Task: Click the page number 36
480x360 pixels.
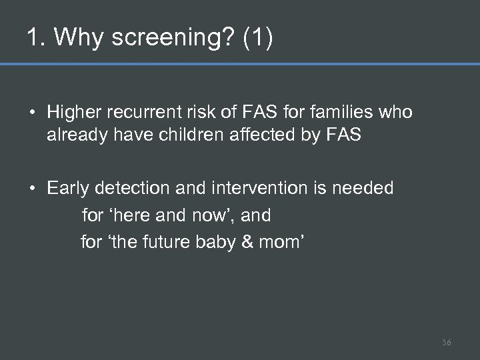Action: pyautogui.click(x=446, y=342)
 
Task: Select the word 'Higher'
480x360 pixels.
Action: pyautogui.click(x=73, y=113)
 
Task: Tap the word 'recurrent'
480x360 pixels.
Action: pyautogui.click(x=141, y=113)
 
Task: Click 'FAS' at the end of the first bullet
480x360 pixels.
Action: pyautogui.click(x=344, y=135)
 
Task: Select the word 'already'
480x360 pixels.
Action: pyautogui.click(x=73, y=135)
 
